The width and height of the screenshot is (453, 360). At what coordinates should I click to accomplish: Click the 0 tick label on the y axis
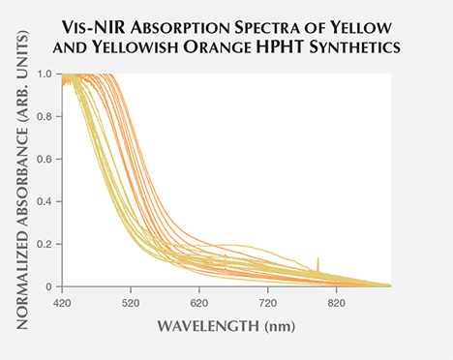tap(48, 286)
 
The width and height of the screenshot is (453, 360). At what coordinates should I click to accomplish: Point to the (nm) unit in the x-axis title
tap(278, 326)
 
